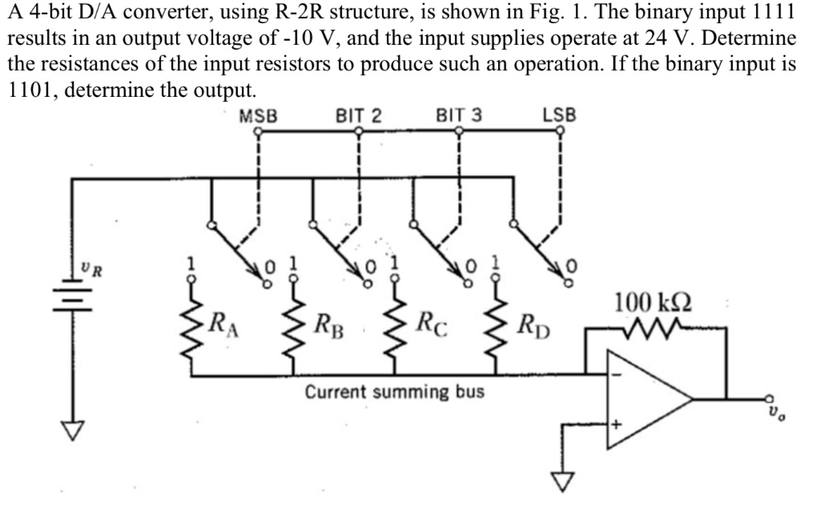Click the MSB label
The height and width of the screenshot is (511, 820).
pos(258,115)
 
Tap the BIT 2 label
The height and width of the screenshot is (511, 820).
pos(359,115)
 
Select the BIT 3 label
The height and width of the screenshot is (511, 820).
pos(459,115)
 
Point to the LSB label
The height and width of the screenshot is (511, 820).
pos(559,115)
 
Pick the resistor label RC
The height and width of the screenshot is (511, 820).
pos(431,326)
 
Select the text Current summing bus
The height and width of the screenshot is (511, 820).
pos(395,393)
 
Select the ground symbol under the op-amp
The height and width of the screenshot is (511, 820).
pos(566,480)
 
